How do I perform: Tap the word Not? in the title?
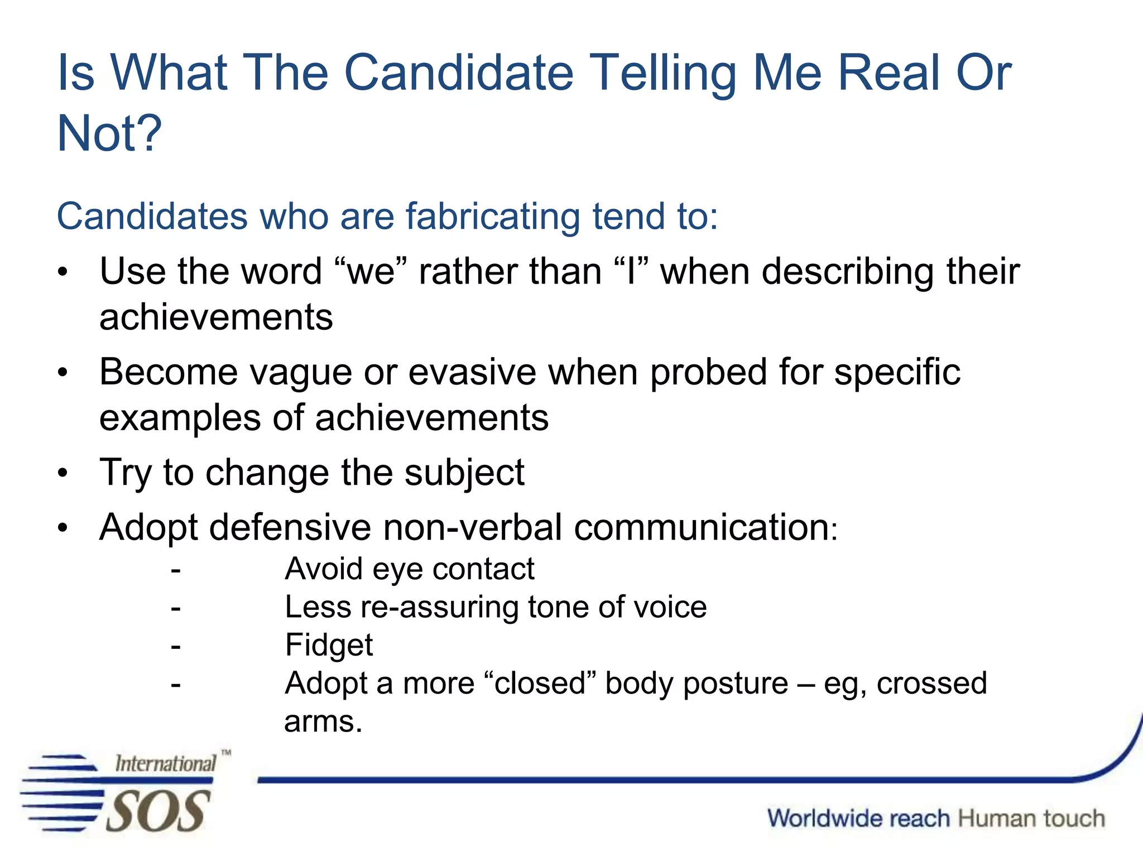[109, 134]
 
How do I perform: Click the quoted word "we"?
[371, 272]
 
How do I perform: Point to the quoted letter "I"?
[631, 272]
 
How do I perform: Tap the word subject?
[464, 473]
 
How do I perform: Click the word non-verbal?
[472, 527]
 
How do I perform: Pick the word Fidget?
[329, 645]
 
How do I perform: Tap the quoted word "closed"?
[540, 683]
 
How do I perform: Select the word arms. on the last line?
[323, 721]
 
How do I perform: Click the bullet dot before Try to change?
[63, 474]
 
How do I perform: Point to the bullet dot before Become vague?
[63, 373]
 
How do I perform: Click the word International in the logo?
[165, 763]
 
